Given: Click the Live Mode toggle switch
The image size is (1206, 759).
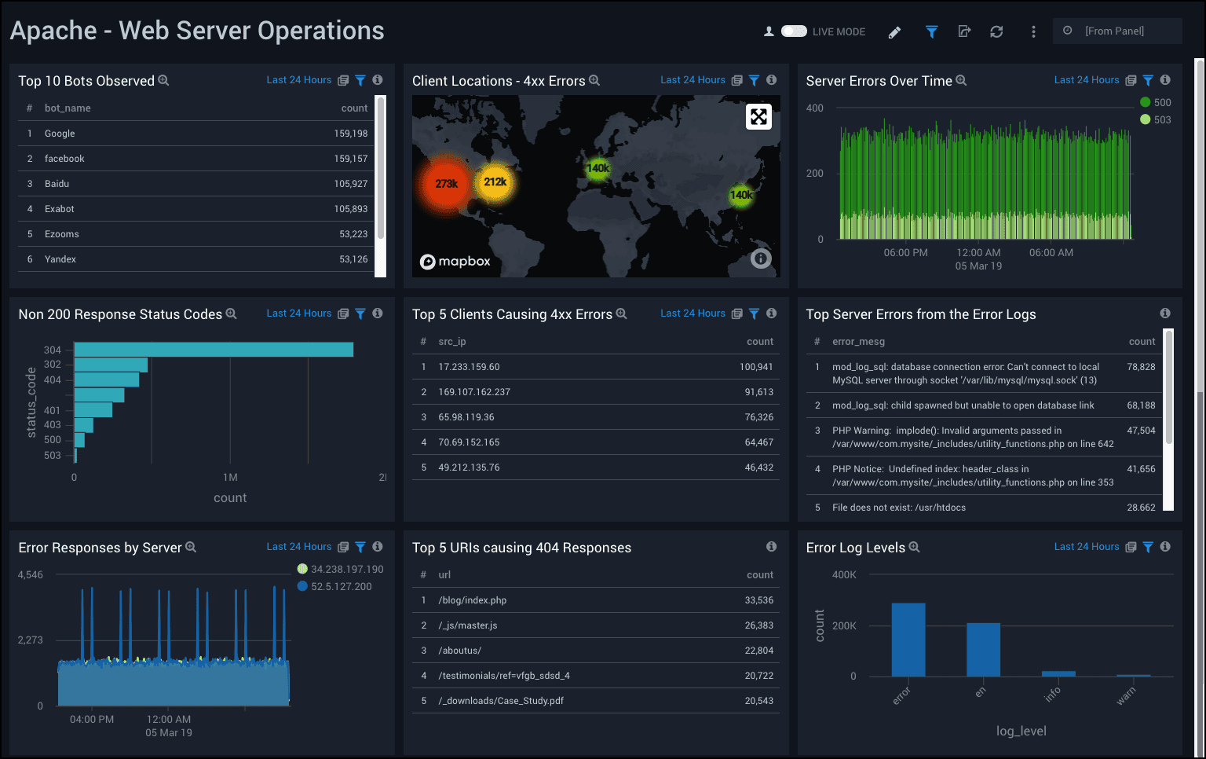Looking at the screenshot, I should [x=794, y=31].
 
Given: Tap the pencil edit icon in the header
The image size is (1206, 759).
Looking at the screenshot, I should [x=894, y=32].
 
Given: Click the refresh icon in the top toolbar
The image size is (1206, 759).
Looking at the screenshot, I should [x=996, y=31].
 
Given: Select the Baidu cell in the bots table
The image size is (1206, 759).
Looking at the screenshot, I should [x=57, y=184].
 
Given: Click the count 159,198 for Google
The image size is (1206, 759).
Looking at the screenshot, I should [x=350, y=134].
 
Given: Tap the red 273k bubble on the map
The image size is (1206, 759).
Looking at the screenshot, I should [x=446, y=184].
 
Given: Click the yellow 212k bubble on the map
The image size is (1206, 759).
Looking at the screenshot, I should [x=495, y=182].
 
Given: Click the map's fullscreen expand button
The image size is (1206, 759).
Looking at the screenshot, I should [x=758, y=117].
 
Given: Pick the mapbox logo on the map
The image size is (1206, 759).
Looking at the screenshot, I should [x=455, y=262].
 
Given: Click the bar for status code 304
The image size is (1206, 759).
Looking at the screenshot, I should [x=214, y=350].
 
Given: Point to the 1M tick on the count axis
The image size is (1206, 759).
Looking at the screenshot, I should [x=230, y=478].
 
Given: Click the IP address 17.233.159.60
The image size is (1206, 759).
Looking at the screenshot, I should [x=469, y=367].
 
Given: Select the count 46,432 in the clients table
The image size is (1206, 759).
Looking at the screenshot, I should [x=758, y=467].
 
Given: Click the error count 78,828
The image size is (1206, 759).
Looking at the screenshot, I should [x=1141, y=367].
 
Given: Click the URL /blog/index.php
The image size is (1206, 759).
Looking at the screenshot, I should [x=472, y=600].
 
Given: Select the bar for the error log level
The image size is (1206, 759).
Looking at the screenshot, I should [x=908, y=640].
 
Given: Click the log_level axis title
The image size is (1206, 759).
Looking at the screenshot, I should [x=1021, y=731].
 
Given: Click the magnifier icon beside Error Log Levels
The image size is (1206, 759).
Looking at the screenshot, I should [x=914, y=548].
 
